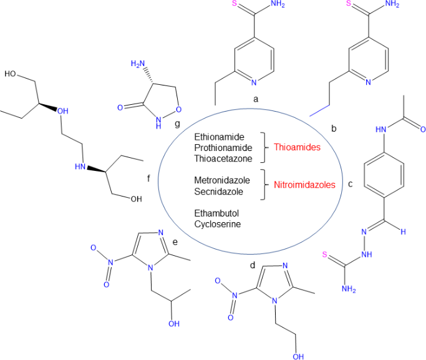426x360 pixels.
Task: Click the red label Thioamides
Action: pyautogui.click(x=297, y=147)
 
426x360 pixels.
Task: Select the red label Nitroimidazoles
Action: pyautogui.click(x=304, y=185)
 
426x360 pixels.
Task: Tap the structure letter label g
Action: pyautogui.click(x=178, y=124)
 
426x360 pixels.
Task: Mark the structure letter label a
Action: pyautogui.click(x=256, y=99)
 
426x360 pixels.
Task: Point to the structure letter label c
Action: pyautogui.click(x=350, y=184)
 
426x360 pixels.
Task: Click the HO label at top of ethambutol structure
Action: pyautogui.click(x=11, y=74)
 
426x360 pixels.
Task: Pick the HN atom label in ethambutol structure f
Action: pyautogui.click(x=80, y=167)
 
